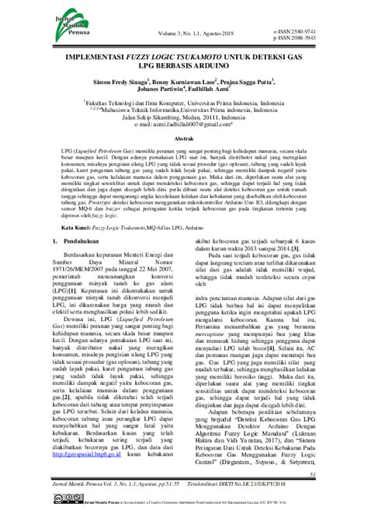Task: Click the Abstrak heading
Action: pyautogui.click(x=183, y=159)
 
